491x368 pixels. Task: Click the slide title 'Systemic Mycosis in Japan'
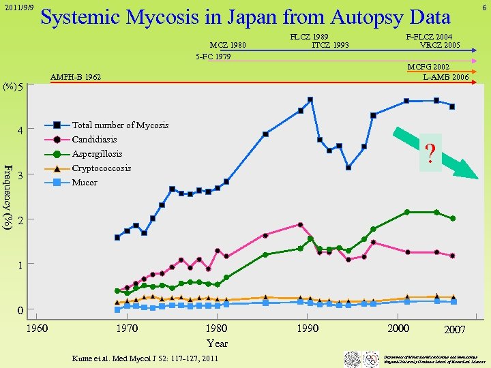(245, 18)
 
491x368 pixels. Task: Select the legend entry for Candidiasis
(94, 140)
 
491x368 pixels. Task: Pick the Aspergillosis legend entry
(97, 154)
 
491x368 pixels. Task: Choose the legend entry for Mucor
(85, 183)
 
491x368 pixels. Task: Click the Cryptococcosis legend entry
(101, 168)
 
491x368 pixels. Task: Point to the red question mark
(430, 153)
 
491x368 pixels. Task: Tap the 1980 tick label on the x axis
(217, 328)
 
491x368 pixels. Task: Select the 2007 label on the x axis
(455, 330)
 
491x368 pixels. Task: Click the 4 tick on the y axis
(20, 130)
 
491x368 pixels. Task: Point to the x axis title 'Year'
(217, 343)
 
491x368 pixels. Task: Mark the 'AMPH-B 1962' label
(76, 78)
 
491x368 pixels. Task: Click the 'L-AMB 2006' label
(445, 78)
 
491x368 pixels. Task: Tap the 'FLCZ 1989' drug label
(310, 37)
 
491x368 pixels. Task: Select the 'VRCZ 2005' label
(440, 46)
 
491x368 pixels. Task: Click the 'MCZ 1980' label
(228, 46)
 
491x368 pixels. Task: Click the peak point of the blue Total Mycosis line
(310, 99)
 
